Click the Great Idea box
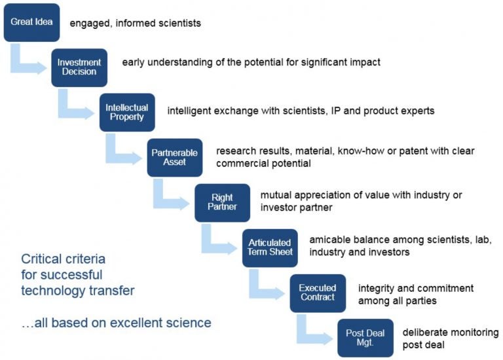click(31, 22)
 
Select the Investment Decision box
click(79, 67)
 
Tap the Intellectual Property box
click(127, 113)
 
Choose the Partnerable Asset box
click(175, 158)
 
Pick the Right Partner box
click(222, 203)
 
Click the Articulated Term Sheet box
click(270, 248)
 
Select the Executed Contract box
click(318, 293)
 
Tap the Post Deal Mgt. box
click(365, 338)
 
